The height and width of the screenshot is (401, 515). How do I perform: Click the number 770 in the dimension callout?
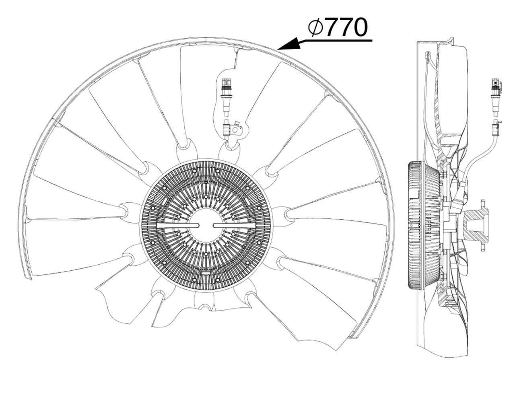(346, 27)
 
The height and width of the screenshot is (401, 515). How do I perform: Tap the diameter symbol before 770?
(315, 27)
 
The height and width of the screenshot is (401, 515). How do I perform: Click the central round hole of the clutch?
(206, 226)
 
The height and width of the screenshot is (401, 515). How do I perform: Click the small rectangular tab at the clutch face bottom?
(206, 274)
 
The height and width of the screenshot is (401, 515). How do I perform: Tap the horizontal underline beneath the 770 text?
(338, 40)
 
